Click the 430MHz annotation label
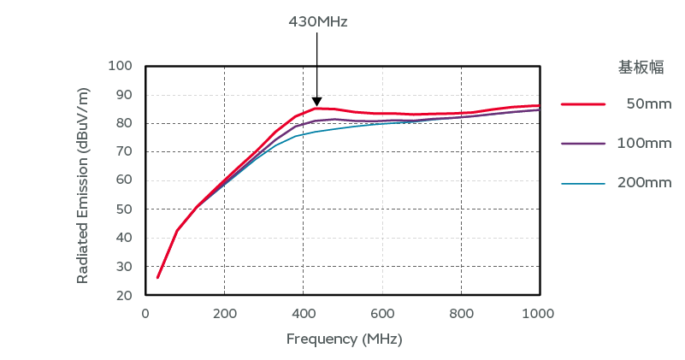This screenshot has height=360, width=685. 317,21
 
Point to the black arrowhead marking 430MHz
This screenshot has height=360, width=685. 316,101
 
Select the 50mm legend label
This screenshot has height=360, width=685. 648,103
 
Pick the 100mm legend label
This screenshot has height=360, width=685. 644,143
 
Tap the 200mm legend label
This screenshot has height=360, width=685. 644,182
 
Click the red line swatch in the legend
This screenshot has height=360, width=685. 583,103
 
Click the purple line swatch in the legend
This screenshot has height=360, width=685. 583,143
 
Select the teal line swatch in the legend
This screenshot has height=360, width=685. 583,183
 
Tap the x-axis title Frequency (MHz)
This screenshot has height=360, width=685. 344,339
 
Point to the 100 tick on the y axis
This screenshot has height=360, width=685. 121,66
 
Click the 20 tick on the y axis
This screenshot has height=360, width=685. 124,295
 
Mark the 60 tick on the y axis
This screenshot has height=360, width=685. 124,180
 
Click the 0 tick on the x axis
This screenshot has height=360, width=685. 145,313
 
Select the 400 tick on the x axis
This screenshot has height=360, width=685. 303,313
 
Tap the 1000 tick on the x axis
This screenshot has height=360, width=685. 539,313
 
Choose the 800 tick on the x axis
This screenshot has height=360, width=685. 461,313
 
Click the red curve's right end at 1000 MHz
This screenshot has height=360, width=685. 539,105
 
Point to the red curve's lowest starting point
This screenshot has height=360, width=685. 157,277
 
